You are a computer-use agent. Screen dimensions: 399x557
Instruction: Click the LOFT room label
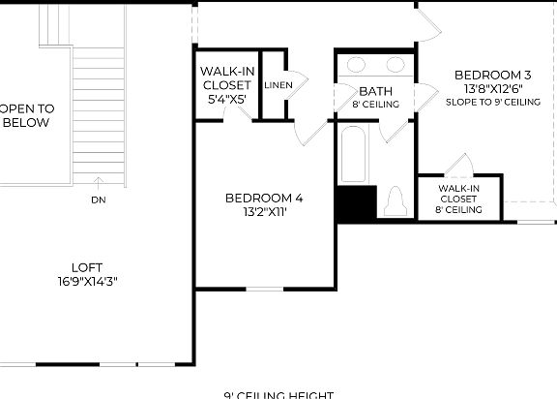86,267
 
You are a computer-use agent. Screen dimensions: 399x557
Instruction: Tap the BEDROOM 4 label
264,199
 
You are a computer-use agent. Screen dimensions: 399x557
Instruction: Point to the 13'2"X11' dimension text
264,212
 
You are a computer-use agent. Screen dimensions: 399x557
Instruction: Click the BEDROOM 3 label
493,75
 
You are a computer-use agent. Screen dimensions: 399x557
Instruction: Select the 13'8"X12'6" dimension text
493,88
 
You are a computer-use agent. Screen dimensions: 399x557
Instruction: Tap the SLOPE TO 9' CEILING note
493,101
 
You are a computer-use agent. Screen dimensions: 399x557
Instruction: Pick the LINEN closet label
278,85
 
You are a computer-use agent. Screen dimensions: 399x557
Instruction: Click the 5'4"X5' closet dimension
226,99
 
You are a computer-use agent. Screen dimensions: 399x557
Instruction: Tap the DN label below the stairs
98,200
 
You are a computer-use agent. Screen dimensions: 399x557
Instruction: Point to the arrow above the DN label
98,182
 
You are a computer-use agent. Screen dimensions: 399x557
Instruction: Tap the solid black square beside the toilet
355,204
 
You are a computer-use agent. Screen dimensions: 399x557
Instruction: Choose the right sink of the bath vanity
395,66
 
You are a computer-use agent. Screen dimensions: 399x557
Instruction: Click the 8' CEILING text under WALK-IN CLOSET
458,209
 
